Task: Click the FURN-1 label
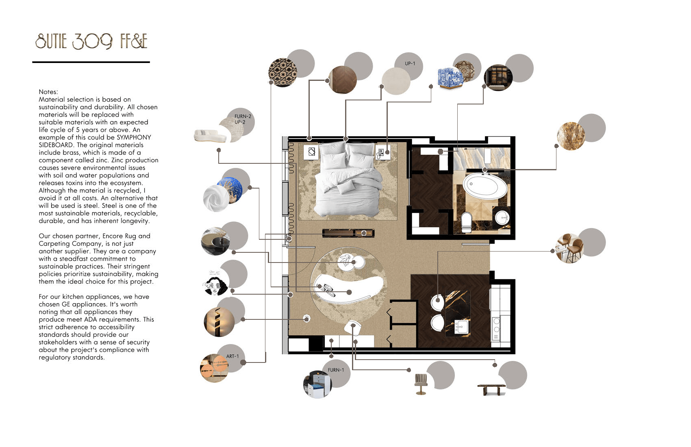point(336,370)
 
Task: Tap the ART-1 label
point(232,356)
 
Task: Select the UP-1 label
point(410,63)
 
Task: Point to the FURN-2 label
point(243,116)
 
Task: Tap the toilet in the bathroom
point(467,222)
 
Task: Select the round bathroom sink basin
point(502,218)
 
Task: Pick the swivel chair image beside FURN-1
point(421,384)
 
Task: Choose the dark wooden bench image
point(491,389)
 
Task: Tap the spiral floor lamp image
point(219,322)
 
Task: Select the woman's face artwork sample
point(215,283)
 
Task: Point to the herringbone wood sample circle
point(343,80)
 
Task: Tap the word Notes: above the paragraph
point(48,92)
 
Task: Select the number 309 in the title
point(93,41)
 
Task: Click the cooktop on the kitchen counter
point(496,328)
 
